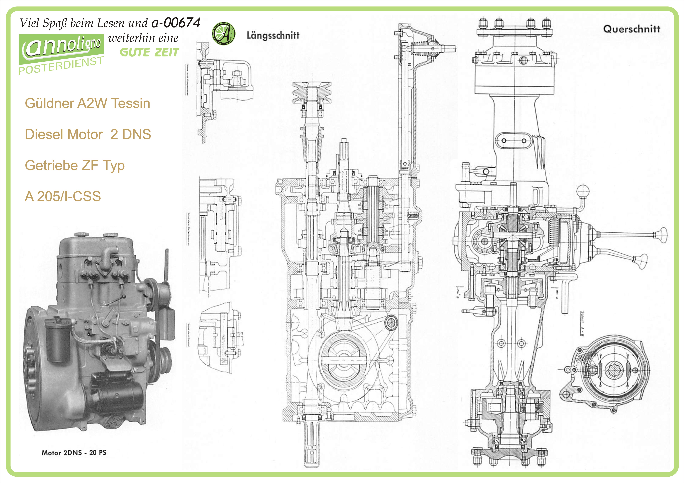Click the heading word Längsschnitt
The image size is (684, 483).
pos(273,35)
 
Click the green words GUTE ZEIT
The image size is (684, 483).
pos(149,52)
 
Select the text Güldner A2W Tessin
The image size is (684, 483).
pos(87,103)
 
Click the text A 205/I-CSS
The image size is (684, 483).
pos(63,196)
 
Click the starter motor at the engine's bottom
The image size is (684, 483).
pos(119,393)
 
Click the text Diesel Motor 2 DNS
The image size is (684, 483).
pos(88,134)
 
